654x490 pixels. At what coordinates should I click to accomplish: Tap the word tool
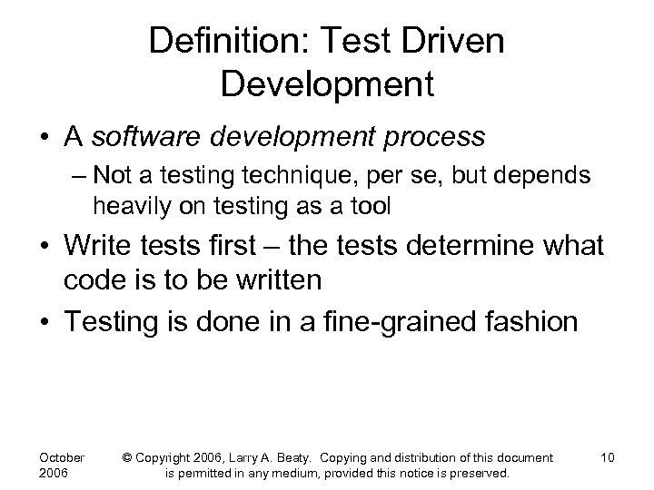pos(371,207)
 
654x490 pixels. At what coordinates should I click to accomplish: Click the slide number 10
pos(607,457)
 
